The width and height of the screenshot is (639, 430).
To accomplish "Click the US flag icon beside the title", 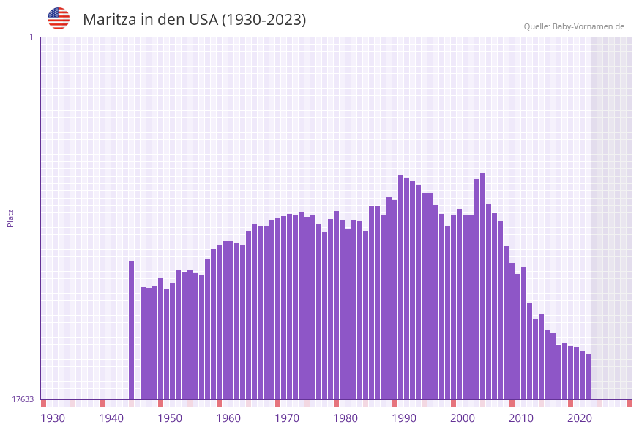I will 59,18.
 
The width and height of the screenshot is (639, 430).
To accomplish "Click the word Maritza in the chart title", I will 109,20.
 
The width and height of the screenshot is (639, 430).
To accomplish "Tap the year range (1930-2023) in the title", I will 264,20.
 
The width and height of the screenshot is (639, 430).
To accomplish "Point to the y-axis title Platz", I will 11,218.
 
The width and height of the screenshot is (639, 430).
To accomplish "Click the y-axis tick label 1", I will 31,37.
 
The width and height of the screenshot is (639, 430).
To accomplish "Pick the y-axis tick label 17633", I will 23,399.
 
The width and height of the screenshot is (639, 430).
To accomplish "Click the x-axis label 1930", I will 53,418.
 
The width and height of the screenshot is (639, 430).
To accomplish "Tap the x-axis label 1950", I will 170,418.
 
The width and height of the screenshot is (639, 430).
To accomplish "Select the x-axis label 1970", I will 287,418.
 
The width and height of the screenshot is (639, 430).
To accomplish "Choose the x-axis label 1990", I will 404,418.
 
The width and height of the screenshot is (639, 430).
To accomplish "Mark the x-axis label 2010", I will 521,418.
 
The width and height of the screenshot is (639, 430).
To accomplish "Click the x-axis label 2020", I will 580,418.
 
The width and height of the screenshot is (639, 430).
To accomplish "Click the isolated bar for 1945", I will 132,330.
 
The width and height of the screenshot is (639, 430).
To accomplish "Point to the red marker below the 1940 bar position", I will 102,403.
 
